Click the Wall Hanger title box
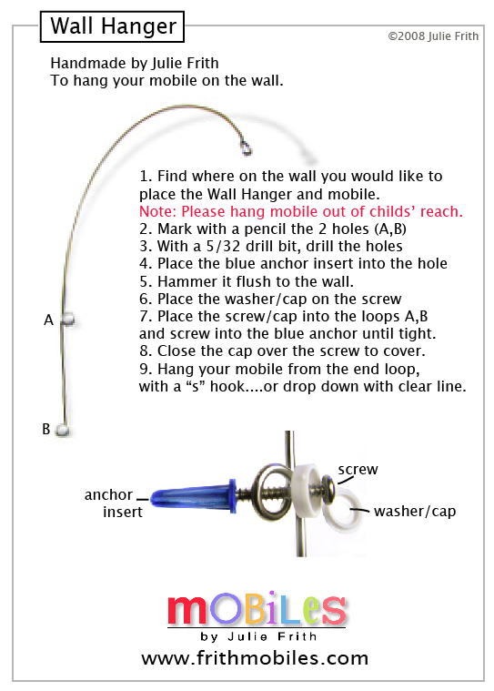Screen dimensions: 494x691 coord(112,26)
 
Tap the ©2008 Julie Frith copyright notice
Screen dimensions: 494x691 coord(433,36)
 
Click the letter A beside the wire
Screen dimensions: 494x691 coord(48,320)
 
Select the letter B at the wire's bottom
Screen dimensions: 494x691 coord(46,429)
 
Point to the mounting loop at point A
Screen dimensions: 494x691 coord(67,318)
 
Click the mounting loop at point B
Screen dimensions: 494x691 coord(63,431)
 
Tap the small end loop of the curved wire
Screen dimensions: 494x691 coord(247,148)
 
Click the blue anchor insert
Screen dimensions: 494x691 coord(193,497)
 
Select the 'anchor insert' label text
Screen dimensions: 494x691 coord(114,503)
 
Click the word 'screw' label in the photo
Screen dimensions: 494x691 coord(358,470)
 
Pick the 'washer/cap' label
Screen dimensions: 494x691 coord(415,512)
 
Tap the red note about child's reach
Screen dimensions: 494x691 coord(301,211)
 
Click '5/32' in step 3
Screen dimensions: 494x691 coord(223,246)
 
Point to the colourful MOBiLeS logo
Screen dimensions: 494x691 coord(257,608)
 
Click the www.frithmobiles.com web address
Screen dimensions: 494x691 coord(255,658)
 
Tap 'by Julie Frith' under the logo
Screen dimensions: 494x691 coord(258,636)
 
